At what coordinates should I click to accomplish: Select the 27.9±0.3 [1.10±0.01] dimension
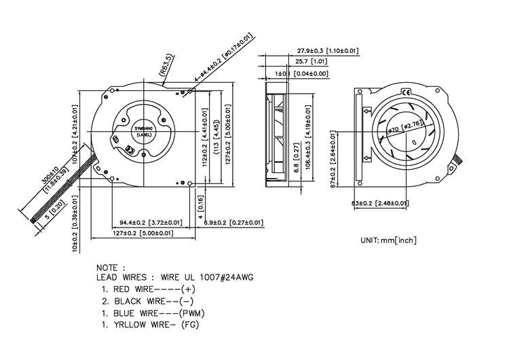pos(328,50)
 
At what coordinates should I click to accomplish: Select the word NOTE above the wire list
pos(111,268)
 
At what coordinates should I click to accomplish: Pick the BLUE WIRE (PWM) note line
pos(153,313)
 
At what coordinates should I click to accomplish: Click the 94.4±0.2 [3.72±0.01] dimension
pos(151,222)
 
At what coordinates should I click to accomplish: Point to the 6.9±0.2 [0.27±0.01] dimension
pos(234,222)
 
